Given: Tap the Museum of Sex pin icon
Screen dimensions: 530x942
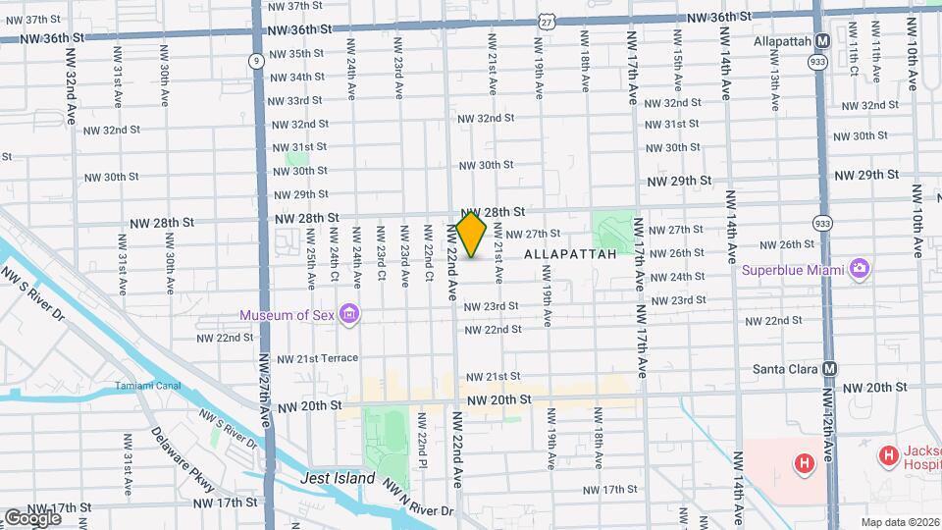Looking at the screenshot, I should pos(348,314).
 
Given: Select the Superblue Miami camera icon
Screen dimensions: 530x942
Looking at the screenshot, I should pos(860,269).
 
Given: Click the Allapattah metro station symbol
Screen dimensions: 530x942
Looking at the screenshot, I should pos(822,41).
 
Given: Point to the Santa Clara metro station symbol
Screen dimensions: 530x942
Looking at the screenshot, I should pos(831,369).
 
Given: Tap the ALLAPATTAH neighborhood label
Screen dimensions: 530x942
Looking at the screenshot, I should pos(570,254).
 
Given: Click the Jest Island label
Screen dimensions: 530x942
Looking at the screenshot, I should pos(338,478).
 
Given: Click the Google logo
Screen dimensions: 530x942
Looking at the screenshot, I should pos(32,517).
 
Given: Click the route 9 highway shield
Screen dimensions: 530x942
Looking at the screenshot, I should pos(256,61).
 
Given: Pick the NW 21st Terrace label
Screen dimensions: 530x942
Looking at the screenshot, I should pos(317,358).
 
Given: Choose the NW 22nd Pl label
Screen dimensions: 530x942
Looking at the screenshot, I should pos(421,450).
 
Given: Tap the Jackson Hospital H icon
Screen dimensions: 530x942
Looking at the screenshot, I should pos(888,454).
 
